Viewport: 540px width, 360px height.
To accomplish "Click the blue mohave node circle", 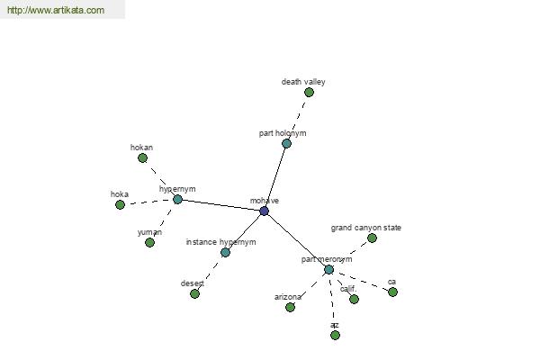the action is [264, 211].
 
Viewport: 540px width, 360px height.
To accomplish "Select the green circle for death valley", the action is [309, 93].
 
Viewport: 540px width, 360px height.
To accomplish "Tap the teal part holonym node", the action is [286, 144].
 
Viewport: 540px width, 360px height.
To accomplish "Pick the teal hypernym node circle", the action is [177, 199].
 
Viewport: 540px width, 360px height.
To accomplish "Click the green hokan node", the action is [142, 158].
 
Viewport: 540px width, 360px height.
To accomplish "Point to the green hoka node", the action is [120, 204].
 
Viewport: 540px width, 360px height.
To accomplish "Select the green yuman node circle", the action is [149, 242].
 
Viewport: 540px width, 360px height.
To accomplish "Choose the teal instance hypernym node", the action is [225, 253].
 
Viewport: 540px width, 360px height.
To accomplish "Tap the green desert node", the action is [194, 294].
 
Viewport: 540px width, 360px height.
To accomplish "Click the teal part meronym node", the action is [328, 270].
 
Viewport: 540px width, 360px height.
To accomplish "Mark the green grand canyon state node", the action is [372, 238].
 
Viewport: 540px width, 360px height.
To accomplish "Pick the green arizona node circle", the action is [291, 307].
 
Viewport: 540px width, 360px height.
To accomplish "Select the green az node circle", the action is [335, 335].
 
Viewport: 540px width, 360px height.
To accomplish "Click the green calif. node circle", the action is [354, 299].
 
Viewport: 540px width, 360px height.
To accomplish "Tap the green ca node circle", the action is [393, 292].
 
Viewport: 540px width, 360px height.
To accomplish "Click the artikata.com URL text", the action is [56, 10].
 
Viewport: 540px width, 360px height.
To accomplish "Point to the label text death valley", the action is [303, 82].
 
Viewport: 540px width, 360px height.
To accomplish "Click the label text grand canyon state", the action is [366, 228].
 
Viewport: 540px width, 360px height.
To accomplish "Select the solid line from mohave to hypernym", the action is [220, 205].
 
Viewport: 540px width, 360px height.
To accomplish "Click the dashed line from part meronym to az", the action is [332, 302].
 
